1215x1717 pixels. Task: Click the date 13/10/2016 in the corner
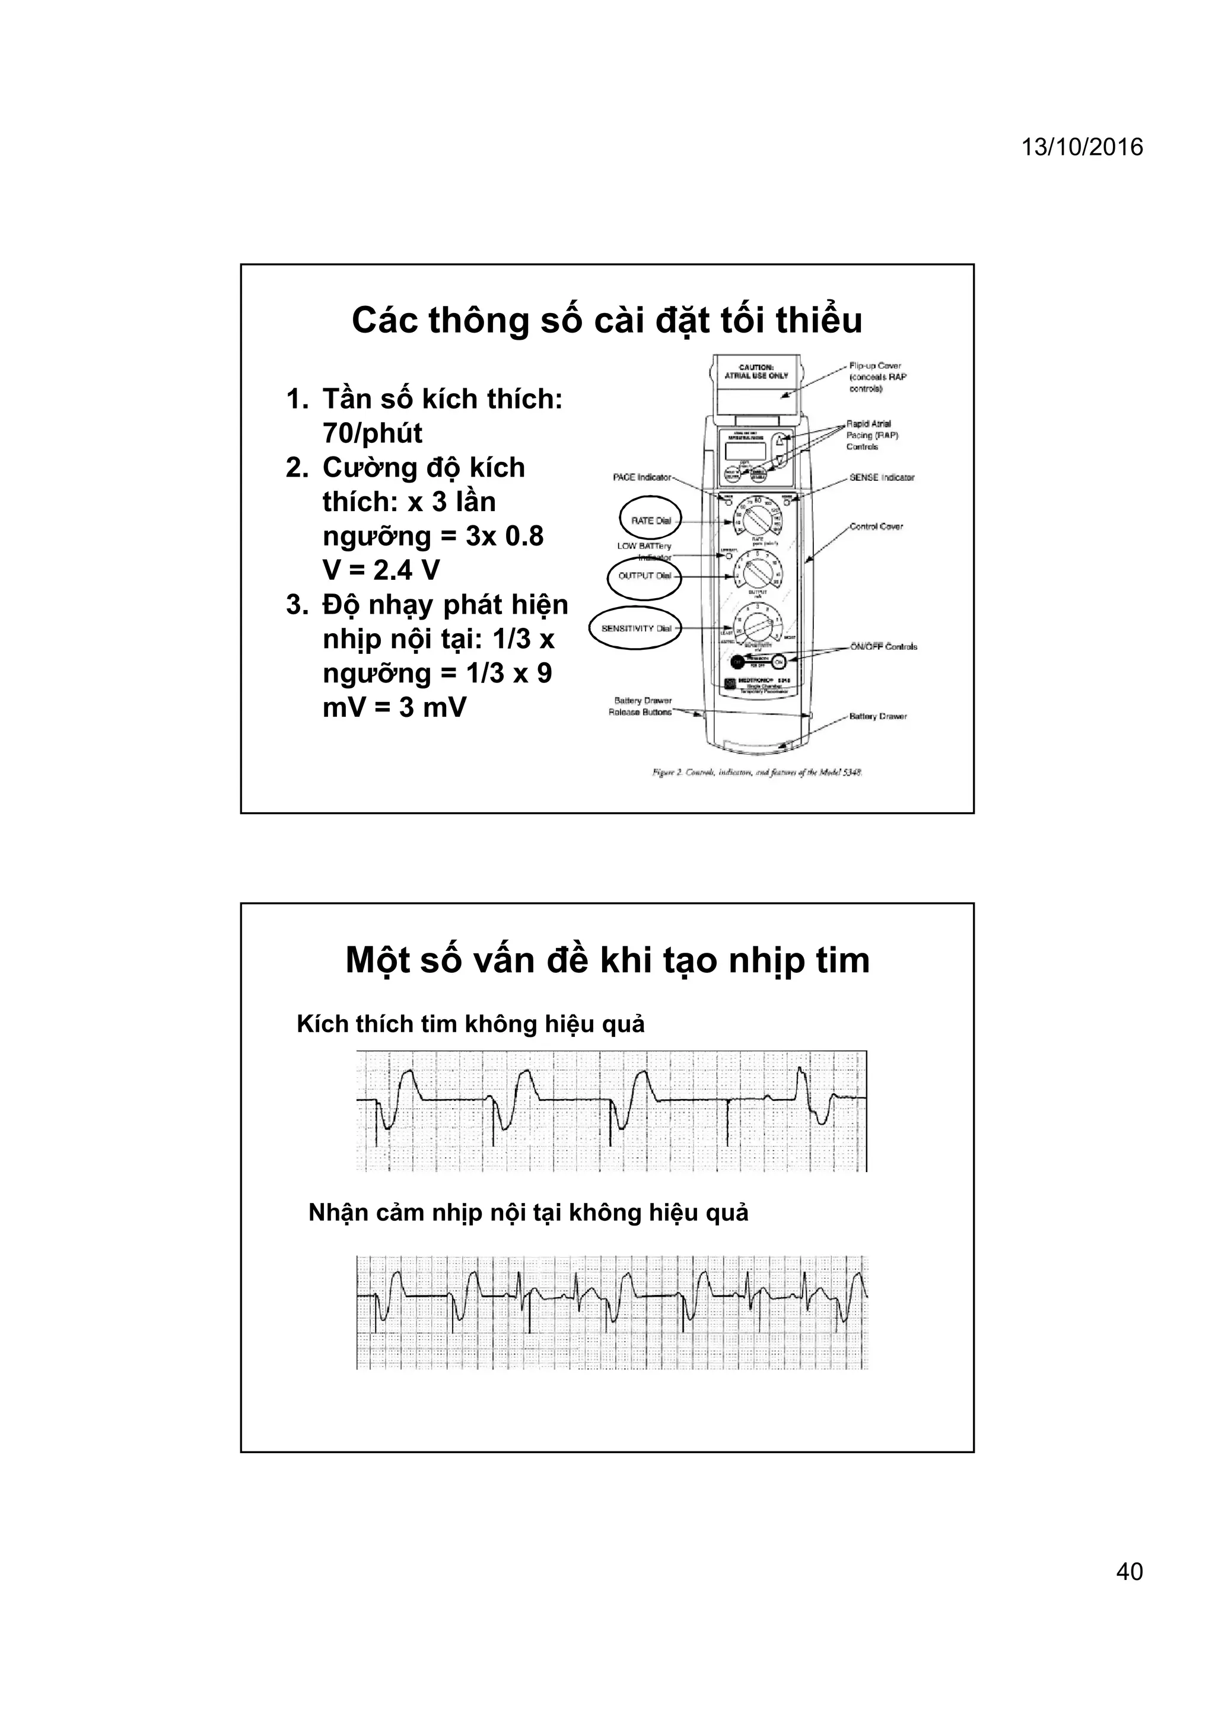[1082, 147]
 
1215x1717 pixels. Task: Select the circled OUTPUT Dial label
[644, 576]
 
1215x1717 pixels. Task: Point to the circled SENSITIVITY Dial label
[636, 628]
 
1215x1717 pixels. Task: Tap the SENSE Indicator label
[882, 477]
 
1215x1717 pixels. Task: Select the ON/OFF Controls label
[883, 646]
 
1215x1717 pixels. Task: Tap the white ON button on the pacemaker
[778, 662]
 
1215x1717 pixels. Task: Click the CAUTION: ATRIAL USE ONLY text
[756, 372]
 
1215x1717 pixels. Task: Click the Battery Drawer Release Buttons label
[640, 707]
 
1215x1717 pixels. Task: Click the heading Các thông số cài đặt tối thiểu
[607, 320]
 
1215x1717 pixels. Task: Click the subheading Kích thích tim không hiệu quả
[470, 1024]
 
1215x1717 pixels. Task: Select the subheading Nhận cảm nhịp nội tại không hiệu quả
[528, 1212]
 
